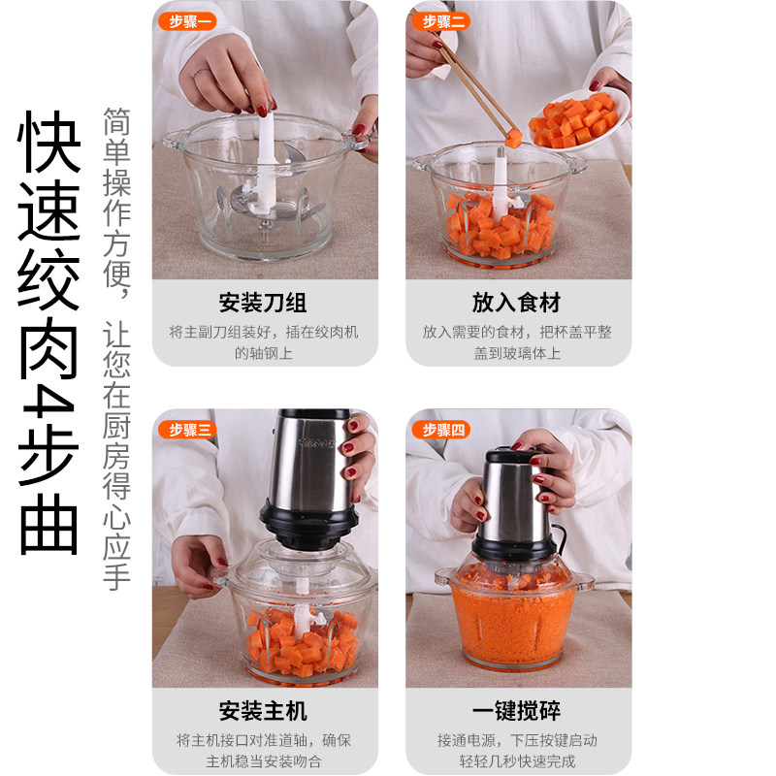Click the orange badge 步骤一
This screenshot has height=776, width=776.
click(187, 21)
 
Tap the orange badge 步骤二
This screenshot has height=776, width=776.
click(440, 21)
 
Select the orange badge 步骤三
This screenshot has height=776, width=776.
click(187, 430)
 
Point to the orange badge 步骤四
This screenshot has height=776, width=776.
click(440, 430)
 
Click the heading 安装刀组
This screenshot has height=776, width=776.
click(263, 303)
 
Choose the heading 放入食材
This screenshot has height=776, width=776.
click(516, 303)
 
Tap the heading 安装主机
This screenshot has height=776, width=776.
click(263, 711)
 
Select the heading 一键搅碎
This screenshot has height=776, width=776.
click(516, 711)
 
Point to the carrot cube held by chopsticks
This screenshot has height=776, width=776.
click(513, 138)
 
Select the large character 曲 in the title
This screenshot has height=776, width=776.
click(48, 524)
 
